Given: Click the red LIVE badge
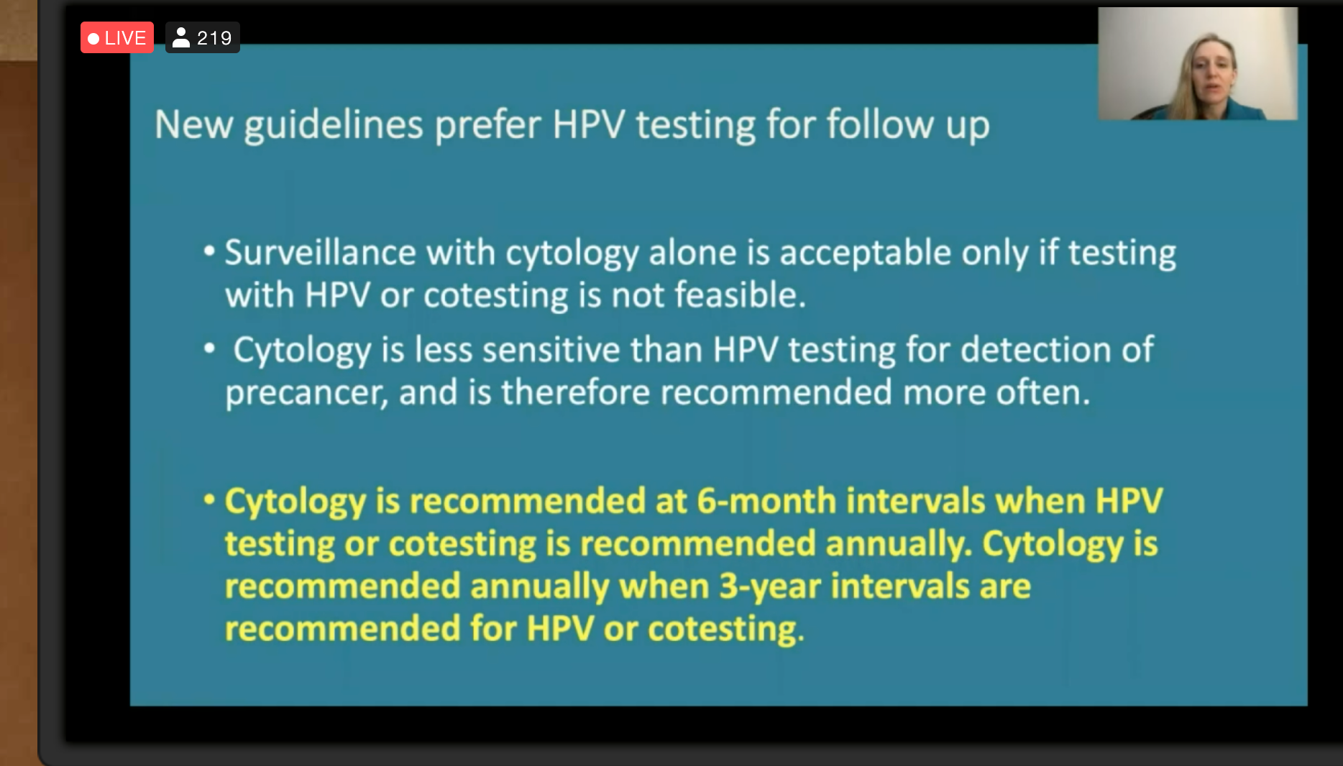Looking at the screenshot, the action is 117,37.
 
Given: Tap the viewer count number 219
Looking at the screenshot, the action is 214,38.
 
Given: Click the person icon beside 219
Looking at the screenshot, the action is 181,37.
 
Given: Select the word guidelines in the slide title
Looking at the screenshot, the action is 334,126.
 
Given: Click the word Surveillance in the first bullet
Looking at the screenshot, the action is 321,253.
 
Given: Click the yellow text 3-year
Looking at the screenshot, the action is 770,587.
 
